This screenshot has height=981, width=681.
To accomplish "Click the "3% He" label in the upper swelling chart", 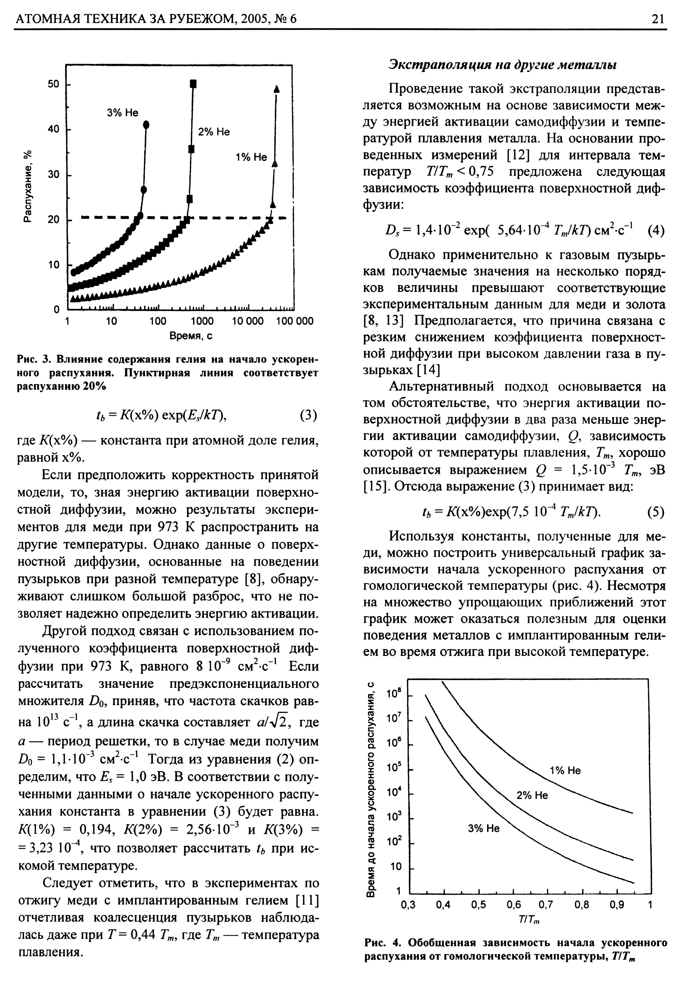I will [123, 113].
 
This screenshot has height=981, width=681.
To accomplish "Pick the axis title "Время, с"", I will [192, 336].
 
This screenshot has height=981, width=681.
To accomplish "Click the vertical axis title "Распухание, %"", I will [27, 187].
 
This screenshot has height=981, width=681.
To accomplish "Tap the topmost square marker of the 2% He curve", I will [193, 83].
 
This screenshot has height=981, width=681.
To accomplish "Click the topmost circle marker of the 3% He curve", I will [146, 124].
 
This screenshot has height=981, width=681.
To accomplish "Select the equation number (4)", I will [656, 231].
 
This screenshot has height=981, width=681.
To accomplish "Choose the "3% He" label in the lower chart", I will [484, 828].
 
